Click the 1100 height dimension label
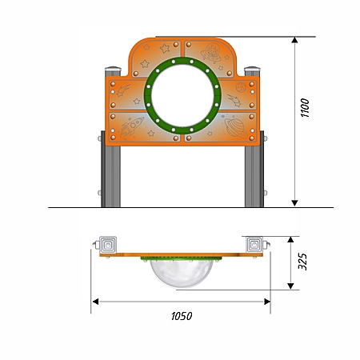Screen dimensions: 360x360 (305, 107)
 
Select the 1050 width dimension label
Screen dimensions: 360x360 (182, 316)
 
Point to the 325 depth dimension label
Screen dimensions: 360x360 (302, 262)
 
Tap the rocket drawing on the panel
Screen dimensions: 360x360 (132, 126)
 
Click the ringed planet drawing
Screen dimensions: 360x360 (235, 127)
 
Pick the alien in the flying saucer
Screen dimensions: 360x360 (212, 53)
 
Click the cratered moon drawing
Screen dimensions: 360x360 (241, 87)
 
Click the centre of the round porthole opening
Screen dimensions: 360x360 (182, 95)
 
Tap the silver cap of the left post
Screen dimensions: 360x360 (113, 69)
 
